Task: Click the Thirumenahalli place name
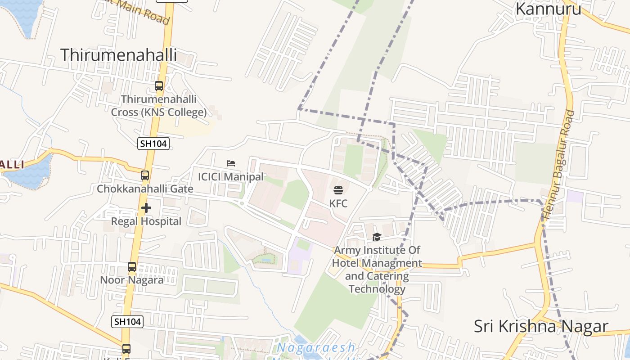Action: click(x=118, y=55)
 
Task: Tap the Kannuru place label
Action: click(x=548, y=9)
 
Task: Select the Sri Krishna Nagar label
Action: click(x=541, y=326)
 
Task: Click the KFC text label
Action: click(x=338, y=203)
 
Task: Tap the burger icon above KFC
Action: click(x=338, y=190)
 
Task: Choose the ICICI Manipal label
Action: click(x=231, y=177)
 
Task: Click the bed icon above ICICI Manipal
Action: click(x=231, y=163)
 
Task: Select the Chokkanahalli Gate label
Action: click(x=145, y=189)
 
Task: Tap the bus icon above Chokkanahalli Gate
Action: click(x=145, y=175)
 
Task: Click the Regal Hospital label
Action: click(x=146, y=221)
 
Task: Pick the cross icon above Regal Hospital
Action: click(x=146, y=208)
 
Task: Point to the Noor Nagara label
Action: click(x=131, y=280)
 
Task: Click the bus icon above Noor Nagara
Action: click(x=131, y=267)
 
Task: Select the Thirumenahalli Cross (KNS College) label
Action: click(x=159, y=106)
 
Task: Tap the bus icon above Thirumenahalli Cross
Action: click(x=159, y=85)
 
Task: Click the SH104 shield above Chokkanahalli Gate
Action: click(x=153, y=144)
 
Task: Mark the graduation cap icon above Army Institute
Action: click(x=377, y=237)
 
